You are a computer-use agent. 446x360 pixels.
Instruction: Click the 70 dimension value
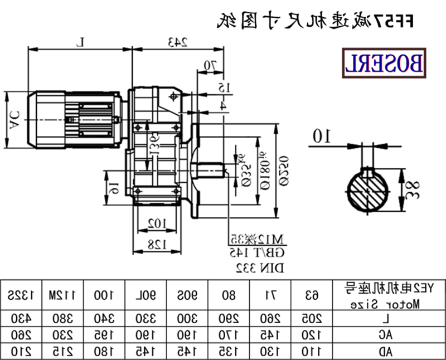[210, 65]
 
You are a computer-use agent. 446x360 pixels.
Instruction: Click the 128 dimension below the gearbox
[157, 244]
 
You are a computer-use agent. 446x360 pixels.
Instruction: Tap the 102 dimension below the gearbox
[157, 223]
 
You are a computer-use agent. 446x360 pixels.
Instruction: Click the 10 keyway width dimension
[321, 136]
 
